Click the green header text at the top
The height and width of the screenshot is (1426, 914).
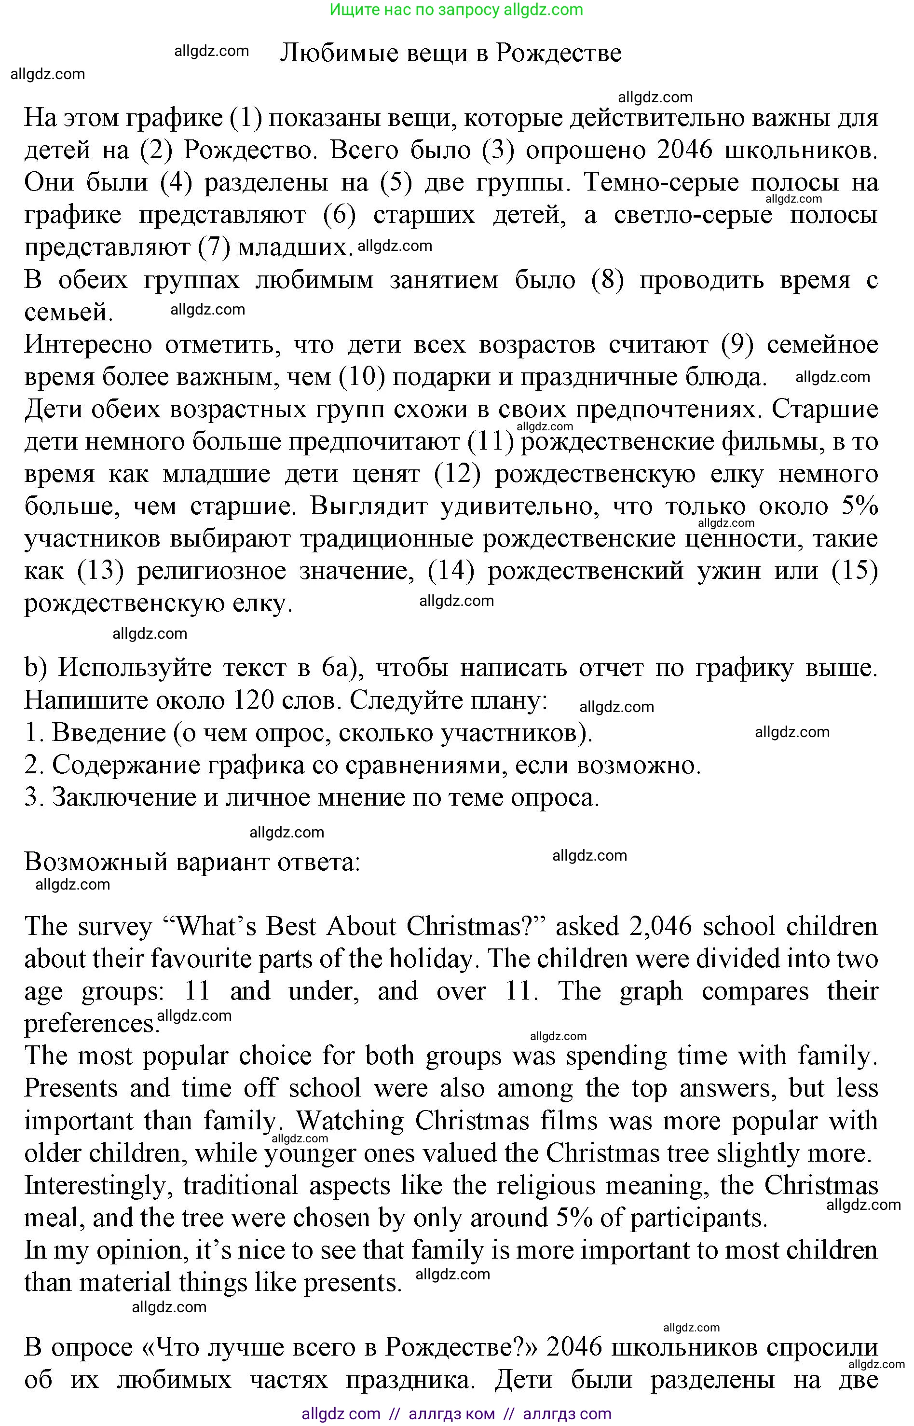pos(456,10)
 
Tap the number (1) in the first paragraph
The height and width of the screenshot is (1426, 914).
pos(246,118)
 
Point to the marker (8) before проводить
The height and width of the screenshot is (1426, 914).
pos(608,279)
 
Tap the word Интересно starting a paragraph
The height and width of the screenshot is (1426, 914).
pos(88,344)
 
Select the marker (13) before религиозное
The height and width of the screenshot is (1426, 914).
pos(100,571)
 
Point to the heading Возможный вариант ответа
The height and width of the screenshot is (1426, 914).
pos(191,862)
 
